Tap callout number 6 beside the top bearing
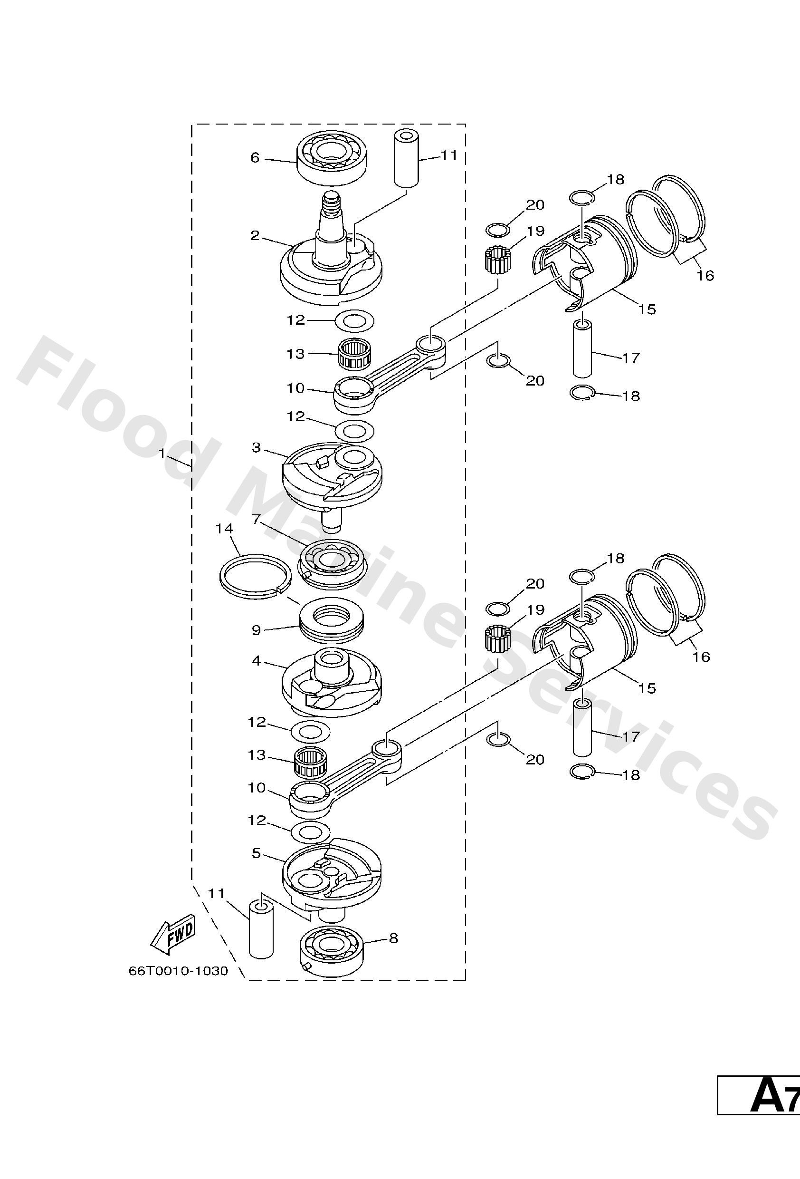click(x=255, y=158)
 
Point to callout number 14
click(x=224, y=529)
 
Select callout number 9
click(x=256, y=630)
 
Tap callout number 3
click(x=256, y=447)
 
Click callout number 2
click(x=255, y=235)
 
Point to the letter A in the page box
click(x=766, y=1097)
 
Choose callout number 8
click(x=394, y=938)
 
